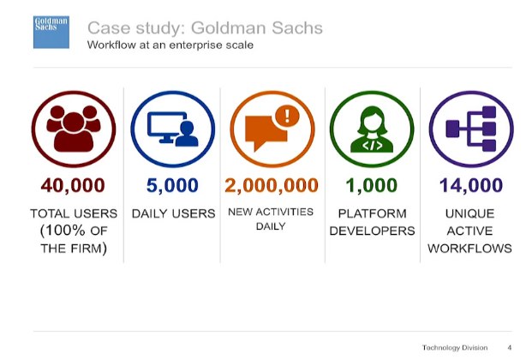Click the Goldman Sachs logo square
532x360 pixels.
[x=51, y=32]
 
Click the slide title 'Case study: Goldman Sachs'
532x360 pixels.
[x=205, y=27]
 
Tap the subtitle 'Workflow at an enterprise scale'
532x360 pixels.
[x=170, y=45]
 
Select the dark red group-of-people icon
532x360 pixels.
[x=74, y=128]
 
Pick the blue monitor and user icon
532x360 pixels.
[x=173, y=129]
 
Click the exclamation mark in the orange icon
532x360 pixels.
[x=287, y=116]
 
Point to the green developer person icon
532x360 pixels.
[x=372, y=129]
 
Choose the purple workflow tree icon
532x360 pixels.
[x=471, y=129]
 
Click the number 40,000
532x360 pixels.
[x=73, y=185]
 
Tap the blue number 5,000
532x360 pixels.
[x=172, y=185]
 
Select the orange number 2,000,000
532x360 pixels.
[x=272, y=185]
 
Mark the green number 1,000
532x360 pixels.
[x=372, y=185]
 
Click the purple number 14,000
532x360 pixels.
[x=471, y=185]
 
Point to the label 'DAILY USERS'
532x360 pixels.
[x=173, y=213]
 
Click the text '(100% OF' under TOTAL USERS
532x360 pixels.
[x=74, y=231]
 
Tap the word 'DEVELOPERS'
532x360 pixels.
[x=372, y=231]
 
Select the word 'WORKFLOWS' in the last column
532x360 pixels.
[x=470, y=249]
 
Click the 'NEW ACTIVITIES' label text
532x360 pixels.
[x=271, y=212]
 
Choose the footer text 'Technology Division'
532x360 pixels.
[x=455, y=347]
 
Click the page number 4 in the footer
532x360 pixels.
[x=510, y=347]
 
